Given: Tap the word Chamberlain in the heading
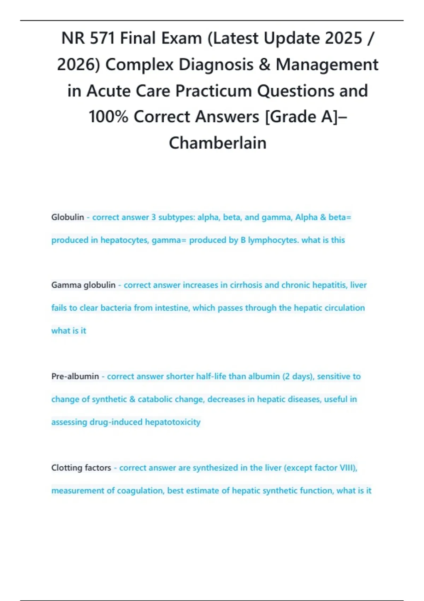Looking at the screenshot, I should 218,143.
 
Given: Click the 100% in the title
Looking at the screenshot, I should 108,117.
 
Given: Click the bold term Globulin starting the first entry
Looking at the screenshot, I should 67,217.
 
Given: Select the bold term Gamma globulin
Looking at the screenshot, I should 83,285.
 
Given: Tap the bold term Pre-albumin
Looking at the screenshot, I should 75,376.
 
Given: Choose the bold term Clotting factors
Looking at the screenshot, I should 81,468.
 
